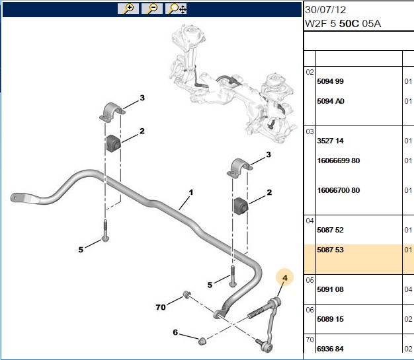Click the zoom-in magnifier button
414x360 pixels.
pyautogui.click(x=128, y=9)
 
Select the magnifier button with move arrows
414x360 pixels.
pyautogui.click(x=176, y=9)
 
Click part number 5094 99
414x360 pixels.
pyautogui.click(x=330, y=81)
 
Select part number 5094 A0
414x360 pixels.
pyautogui.click(x=331, y=101)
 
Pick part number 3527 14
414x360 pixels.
pyautogui.click(x=330, y=141)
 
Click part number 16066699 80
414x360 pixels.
pyautogui.click(x=339, y=161)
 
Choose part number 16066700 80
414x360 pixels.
pyautogui.click(x=339, y=190)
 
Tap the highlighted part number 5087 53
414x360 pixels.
pyautogui.click(x=330, y=250)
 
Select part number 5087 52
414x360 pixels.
pyautogui.click(x=330, y=230)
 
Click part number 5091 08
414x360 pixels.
pyautogui.click(x=330, y=289)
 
